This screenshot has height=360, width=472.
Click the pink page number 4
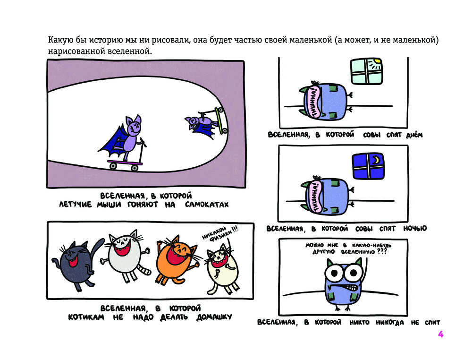[440, 334]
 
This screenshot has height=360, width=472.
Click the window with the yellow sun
[367, 71]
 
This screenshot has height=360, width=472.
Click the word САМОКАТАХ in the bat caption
[207, 205]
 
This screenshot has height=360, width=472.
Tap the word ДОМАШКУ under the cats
[214, 317]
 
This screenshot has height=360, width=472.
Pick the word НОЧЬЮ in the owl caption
[415, 229]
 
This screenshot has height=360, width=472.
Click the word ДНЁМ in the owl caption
[414, 135]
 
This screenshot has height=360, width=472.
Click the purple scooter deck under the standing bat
[125, 163]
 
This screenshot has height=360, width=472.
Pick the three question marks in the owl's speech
[381, 251]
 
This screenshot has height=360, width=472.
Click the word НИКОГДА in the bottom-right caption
[390, 323]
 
